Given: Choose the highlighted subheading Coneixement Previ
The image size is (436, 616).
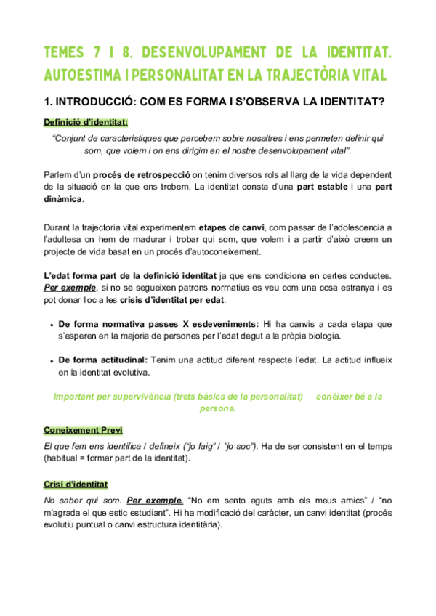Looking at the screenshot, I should [83, 429].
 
